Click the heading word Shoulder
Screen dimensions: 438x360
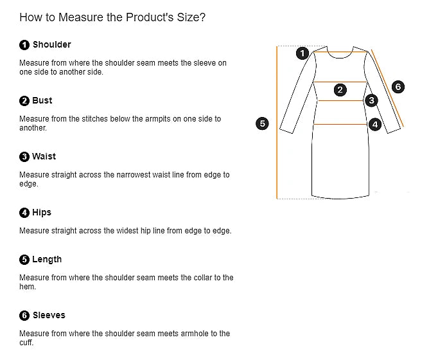click(x=51, y=45)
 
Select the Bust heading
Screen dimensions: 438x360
click(x=42, y=101)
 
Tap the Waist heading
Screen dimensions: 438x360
click(x=44, y=156)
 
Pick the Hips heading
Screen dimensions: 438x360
click(x=42, y=212)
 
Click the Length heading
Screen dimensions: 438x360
click(x=47, y=259)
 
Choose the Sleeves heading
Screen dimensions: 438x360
click(x=49, y=315)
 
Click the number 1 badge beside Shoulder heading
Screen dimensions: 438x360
click(x=24, y=45)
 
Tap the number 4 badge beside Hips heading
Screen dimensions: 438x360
click(x=24, y=213)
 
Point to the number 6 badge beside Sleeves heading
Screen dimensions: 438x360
click(x=24, y=316)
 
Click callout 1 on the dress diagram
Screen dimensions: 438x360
click(x=302, y=53)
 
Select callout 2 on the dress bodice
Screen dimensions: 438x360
click(x=340, y=90)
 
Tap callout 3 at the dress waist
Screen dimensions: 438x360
click(x=371, y=100)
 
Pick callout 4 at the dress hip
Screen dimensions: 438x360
click(x=375, y=124)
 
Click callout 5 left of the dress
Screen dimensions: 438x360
click(x=262, y=123)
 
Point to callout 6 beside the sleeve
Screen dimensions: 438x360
click(x=398, y=87)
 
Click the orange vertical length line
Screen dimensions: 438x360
click(x=277, y=122)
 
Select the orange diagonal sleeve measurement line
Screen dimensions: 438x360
click(x=387, y=88)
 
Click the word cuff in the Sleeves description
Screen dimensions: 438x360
click(x=26, y=343)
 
